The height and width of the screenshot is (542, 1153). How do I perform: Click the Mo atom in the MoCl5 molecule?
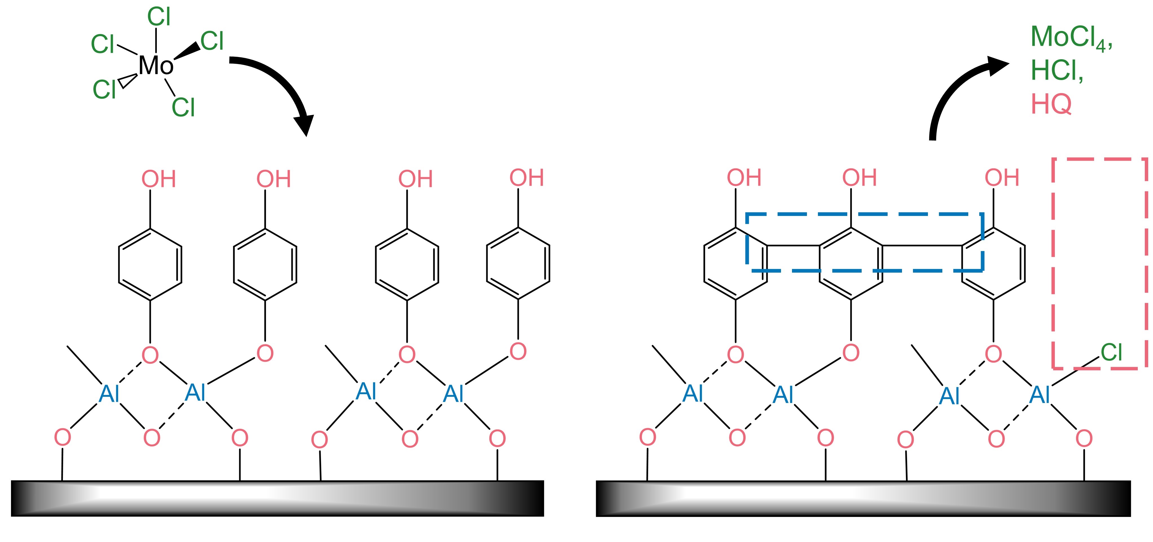point(155,66)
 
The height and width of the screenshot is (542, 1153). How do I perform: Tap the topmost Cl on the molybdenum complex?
point(159,17)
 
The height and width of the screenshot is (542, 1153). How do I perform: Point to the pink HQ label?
point(1051,104)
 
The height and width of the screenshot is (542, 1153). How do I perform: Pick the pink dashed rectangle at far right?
point(1053,264)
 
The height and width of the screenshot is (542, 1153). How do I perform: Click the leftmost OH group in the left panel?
point(159,179)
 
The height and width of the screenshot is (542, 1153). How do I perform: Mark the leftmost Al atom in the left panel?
point(109,394)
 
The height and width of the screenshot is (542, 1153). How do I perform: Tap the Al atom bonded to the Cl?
point(1040,395)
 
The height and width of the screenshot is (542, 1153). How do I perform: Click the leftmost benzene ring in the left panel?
point(150,264)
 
